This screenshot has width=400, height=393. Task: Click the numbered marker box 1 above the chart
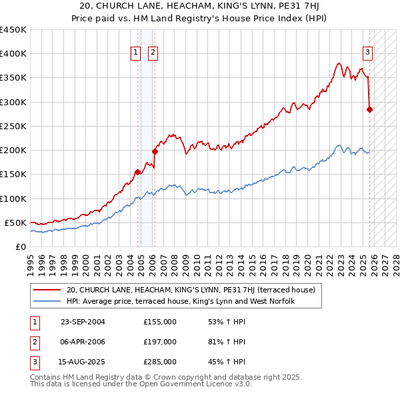pyautogui.click(x=135, y=53)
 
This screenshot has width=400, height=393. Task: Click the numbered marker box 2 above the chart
pyautogui.click(x=153, y=53)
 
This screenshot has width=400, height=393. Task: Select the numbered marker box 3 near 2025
pyautogui.click(x=367, y=53)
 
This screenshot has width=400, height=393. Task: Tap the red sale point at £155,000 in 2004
pyautogui.click(x=138, y=172)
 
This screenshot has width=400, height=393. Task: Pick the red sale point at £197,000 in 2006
pyautogui.click(x=155, y=151)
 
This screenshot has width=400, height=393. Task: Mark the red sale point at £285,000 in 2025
pyautogui.click(x=370, y=109)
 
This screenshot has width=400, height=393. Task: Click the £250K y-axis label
pyautogui.click(x=13, y=127)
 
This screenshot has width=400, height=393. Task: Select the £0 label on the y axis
pyautogui.click(x=20, y=246)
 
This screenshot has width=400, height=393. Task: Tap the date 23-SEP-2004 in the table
pyautogui.click(x=83, y=322)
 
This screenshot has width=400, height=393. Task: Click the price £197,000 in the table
pyautogui.click(x=160, y=342)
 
